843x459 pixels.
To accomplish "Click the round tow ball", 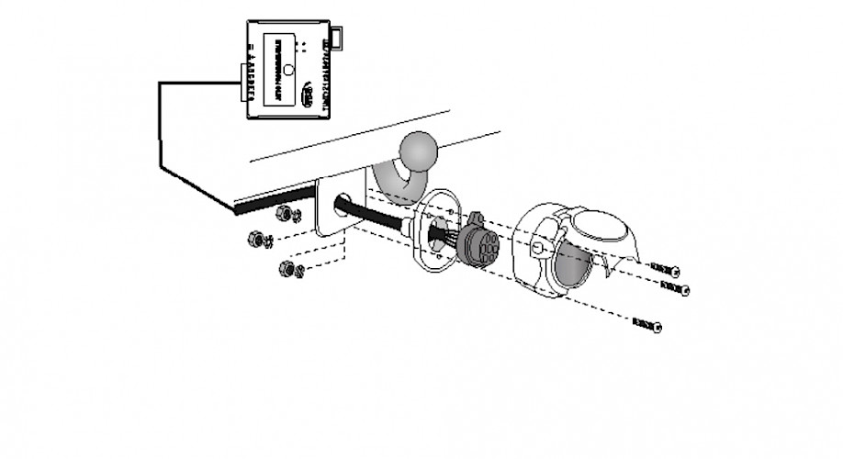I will pos(421,151).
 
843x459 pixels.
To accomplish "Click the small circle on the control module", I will pos(287,69).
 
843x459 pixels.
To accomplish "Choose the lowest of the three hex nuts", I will pos(289,269).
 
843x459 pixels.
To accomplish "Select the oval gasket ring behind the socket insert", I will pos(433,232).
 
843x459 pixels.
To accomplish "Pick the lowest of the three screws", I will pos(646,325).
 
